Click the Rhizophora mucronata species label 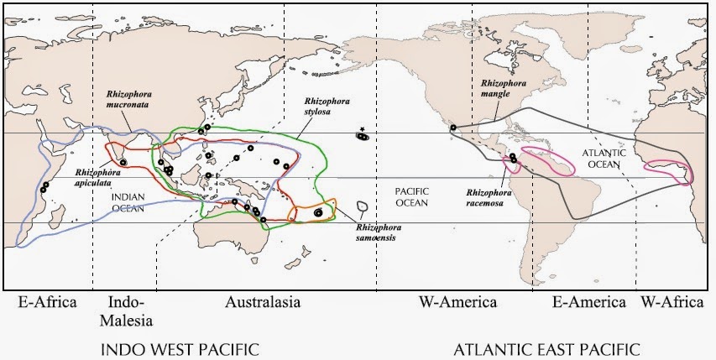pyautogui.click(x=127, y=101)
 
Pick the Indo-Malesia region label pyautogui.click(x=128, y=310)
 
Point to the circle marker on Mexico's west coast pyautogui.click(x=452, y=128)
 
